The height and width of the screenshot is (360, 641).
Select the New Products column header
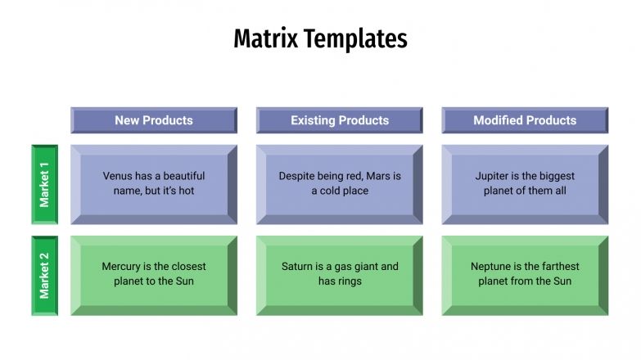tap(154, 120)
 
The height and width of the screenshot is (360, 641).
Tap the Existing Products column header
tap(340, 120)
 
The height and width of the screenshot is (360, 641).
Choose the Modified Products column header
tap(525, 120)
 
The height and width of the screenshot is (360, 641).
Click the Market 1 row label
tap(44, 184)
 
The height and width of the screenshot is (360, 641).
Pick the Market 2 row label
tap(44, 276)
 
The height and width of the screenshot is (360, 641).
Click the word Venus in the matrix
tap(119, 176)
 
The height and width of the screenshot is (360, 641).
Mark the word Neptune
tap(493, 267)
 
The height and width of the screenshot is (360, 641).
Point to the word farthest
tap(557, 267)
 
